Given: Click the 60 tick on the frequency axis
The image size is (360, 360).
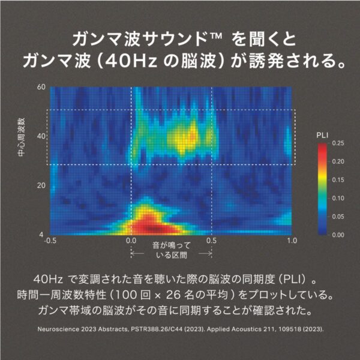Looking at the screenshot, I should coord(41,87).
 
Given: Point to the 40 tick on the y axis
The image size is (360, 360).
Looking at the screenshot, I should coord(41,136).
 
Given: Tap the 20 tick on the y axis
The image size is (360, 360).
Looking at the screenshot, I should coord(41,185).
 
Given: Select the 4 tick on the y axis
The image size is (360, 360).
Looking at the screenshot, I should coord(43,234).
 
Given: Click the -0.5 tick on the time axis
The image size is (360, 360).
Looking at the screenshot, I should coord(51,241).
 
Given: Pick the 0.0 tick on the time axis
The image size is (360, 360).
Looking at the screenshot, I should coord(131,241).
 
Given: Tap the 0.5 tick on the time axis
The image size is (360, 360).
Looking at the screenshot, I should coord(211,241).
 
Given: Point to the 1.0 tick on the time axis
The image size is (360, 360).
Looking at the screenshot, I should coord(292,241).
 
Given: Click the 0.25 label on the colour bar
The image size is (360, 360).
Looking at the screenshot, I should coord(338,143).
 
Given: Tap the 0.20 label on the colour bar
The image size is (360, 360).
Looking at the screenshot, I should coord(338,161).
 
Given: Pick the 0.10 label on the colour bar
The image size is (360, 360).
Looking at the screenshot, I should coord(338,198).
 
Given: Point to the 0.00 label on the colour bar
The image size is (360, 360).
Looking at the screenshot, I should coord(338,235).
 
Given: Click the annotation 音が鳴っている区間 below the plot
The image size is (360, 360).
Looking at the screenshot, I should coord(170,250).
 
